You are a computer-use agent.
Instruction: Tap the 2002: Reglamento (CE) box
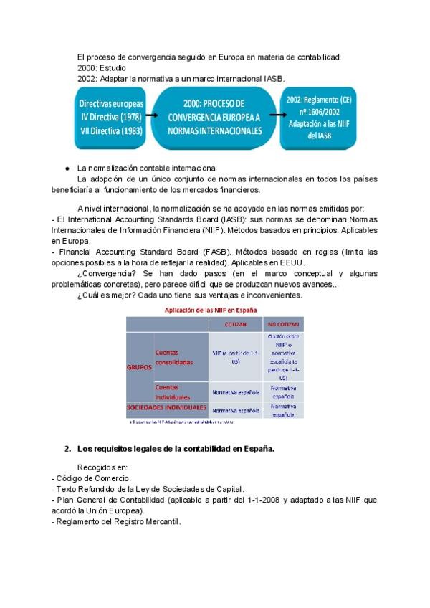(318, 117)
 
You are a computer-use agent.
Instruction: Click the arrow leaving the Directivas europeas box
(150, 115)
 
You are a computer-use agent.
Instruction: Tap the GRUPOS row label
(139, 366)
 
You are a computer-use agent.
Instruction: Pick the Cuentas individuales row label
(172, 392)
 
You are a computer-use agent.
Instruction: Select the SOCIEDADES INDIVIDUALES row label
(166, 407)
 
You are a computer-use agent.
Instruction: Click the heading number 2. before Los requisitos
(67, 449)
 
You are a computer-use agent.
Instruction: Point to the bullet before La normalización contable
(67, 168)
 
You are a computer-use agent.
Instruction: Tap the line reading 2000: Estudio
(102, 67)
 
